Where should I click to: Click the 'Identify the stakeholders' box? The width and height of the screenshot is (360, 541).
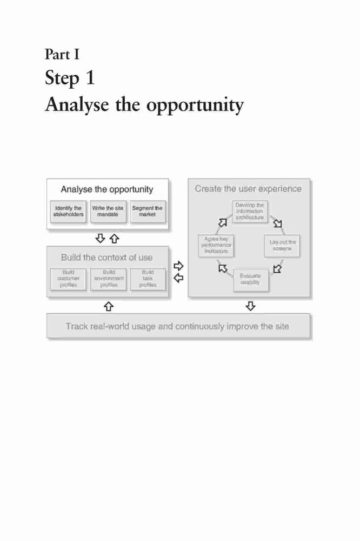[68, 212]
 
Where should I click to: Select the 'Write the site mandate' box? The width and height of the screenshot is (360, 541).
[108, 212]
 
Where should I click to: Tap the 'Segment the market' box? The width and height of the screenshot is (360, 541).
[148, 212]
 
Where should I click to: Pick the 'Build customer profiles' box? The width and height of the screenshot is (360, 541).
[68, 279]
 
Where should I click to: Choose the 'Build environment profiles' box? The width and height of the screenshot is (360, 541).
[108, 279]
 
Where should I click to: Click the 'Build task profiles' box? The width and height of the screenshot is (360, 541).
[148, 279]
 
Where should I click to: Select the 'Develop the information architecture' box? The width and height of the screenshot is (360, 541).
[250, 212]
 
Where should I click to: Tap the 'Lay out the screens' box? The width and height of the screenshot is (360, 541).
[282, 246]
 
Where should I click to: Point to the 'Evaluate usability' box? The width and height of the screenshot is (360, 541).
[251, 280]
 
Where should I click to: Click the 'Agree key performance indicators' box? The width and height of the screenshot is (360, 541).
[216, 245]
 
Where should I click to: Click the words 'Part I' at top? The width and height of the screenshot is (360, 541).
[62, 55]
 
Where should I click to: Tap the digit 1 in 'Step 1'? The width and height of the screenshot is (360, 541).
[90, 77]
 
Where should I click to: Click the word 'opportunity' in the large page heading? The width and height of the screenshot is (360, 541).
[195, 105]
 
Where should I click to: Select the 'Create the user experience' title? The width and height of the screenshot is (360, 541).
[248, 189]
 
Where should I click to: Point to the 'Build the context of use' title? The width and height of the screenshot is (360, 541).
[107, 258]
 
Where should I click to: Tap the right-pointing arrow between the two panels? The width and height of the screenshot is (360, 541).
[178, 266]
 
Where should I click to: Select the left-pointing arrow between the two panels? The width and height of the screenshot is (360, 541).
[178, 278]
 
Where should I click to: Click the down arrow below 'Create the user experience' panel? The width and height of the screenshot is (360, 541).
[251, 306]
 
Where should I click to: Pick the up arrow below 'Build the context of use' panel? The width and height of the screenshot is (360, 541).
[109, 306]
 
